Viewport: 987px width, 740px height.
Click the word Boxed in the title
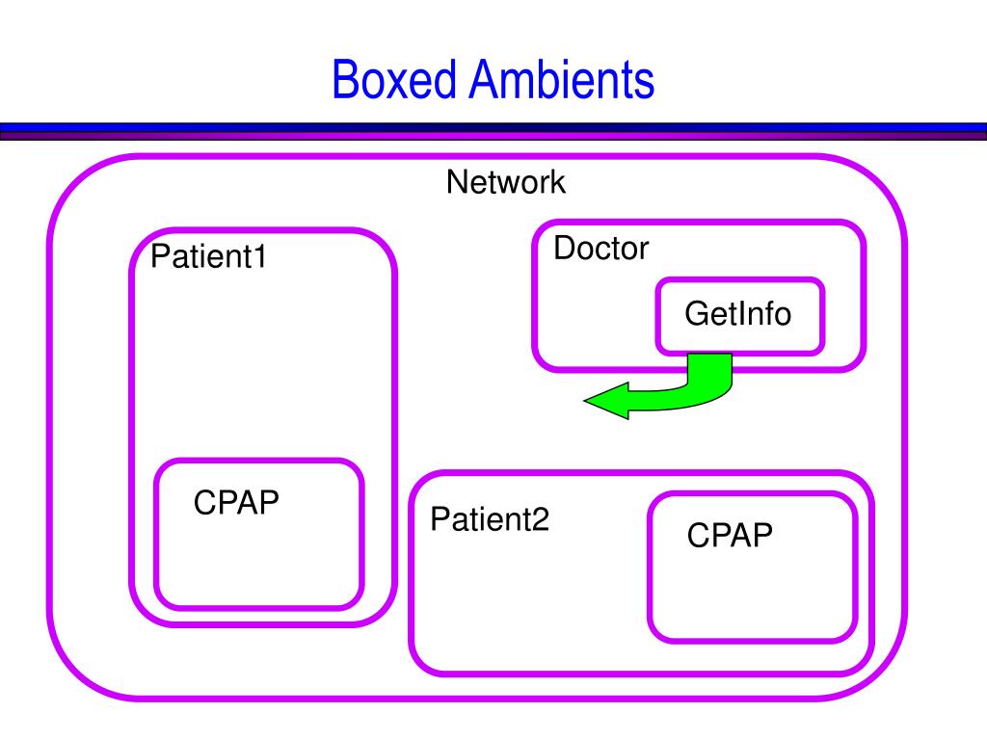[393, 79]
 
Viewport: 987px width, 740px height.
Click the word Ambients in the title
[562, 79]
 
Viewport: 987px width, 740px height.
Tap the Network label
[505, 182]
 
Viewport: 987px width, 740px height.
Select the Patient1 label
[208, 256]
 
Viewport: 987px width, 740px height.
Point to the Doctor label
[601, 249]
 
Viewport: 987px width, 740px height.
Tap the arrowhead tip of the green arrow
[585, 400]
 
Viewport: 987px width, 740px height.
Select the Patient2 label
[490, 519]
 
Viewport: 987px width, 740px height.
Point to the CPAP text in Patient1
[236, 503]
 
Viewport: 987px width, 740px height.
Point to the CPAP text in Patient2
[730, 536]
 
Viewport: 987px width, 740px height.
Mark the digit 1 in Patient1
[259, 256]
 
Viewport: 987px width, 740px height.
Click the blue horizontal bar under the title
[493, 127]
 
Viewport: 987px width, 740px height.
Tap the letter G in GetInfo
[698, 313]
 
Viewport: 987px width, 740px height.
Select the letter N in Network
[457, 182]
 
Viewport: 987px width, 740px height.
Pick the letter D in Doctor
[565, 249]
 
